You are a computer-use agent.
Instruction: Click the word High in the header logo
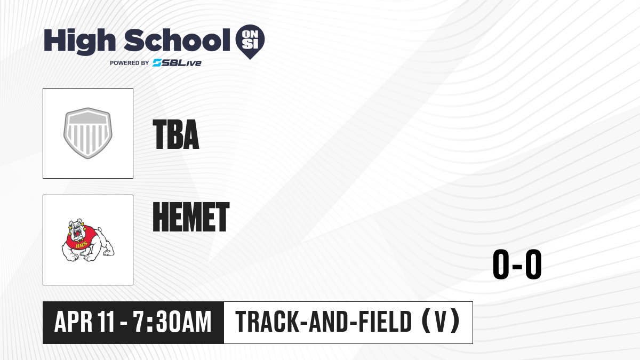80,41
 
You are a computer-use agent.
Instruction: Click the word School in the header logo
177,41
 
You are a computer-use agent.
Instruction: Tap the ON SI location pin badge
250,42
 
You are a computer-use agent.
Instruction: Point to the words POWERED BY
130,63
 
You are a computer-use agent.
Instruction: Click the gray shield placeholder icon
87,133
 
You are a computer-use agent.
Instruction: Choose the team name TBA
175,134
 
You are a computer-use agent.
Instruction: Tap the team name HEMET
191,217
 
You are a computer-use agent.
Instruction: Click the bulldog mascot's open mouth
77,234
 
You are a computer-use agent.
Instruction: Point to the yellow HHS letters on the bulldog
82,245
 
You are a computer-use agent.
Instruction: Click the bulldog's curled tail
99,230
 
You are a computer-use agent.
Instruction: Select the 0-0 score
517,265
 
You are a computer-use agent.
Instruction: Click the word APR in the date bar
73,322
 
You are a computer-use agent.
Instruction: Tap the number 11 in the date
106,322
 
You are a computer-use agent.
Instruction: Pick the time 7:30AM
172,322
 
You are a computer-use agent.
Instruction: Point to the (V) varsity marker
441,322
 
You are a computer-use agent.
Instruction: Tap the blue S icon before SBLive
157,63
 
